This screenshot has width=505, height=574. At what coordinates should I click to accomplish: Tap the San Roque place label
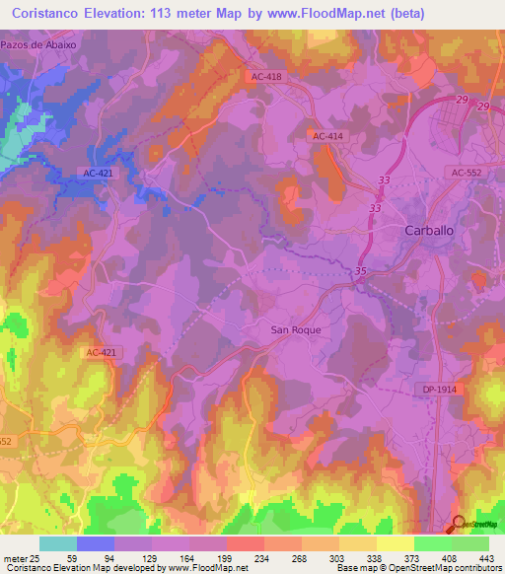(296, 329)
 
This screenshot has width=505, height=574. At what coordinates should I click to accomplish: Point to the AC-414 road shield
(326, 136)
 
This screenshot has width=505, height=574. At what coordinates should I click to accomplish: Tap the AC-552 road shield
(467, 172)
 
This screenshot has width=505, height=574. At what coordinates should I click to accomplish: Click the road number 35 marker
(361, 270)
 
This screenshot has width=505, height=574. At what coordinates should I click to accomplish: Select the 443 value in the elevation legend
(486, 557)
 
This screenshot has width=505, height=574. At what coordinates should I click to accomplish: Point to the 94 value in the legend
(96, 557)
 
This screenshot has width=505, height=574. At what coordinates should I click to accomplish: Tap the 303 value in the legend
(320, 557)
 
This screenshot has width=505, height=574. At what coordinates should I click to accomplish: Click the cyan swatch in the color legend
(57, 543)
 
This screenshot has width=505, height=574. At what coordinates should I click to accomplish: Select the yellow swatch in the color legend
(395, 543)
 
